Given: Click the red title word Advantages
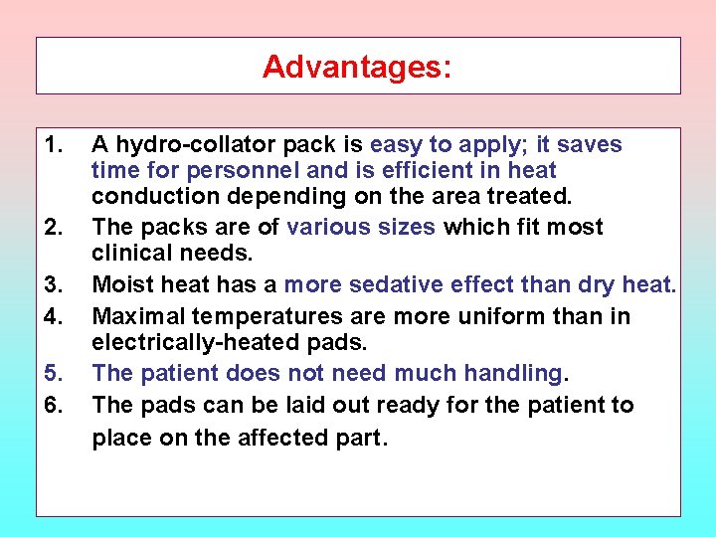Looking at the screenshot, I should coord(356,67).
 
